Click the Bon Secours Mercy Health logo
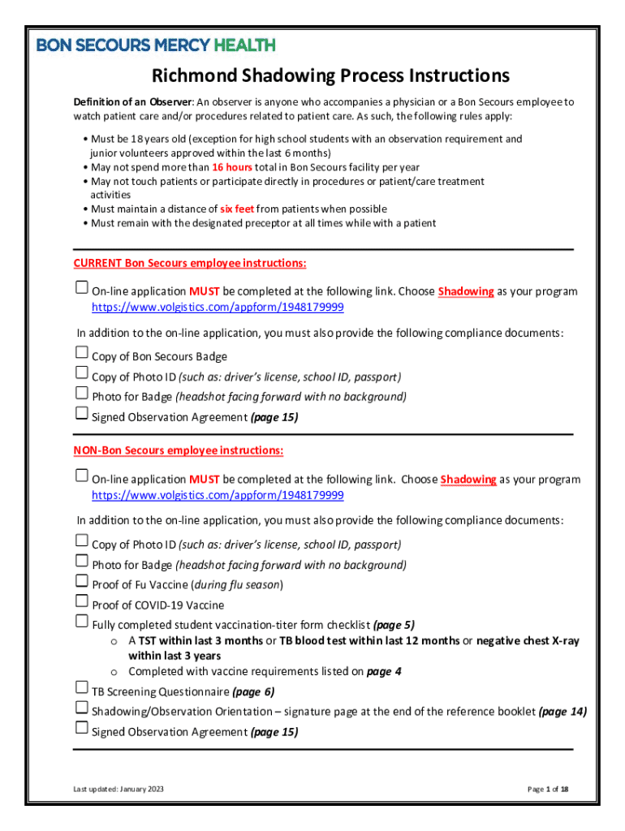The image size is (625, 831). pos(156,45)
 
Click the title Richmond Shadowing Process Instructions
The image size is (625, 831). pos(330,75)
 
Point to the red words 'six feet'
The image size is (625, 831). pos(237,209)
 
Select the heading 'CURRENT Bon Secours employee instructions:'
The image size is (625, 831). pos(190,263)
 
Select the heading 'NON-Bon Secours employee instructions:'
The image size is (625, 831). pos(179,450)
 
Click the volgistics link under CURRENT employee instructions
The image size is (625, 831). pos(218,308)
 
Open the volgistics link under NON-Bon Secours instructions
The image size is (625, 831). pos(218,495)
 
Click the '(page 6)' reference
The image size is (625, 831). pos(253,692)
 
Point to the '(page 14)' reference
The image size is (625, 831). pos(562,712)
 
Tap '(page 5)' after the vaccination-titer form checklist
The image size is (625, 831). pos(394,625)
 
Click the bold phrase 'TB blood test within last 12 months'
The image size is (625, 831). pos(369,641)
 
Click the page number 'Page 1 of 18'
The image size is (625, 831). pos(547,790)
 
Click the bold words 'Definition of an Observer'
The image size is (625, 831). pos(132,102)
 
